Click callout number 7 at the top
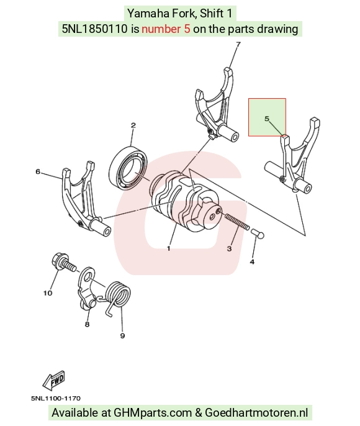point(238,44)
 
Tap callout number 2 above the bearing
point(133,125)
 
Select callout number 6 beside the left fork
point(38,171)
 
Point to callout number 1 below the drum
point(169,248)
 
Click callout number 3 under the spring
point(230,248)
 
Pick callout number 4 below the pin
point(252,261)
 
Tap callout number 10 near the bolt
point(48,293)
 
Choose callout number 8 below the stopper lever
point(87,324)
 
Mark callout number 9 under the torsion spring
point(122,336)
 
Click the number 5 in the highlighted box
point(267,119)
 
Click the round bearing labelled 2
point(128,168)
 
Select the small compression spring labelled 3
point(237,221)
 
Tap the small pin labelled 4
point(258,234)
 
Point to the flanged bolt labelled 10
point(63,262)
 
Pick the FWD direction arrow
point(54,379)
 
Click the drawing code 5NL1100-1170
point(56,398)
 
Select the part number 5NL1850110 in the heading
point(95,29)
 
